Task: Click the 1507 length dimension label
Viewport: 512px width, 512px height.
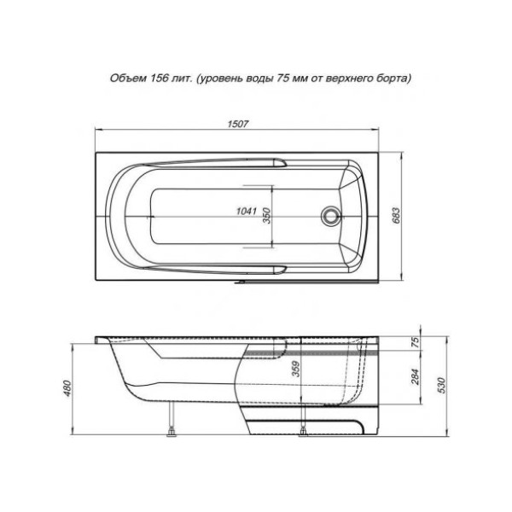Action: click(238, 124)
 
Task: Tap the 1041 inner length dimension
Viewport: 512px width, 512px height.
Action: click(247, 216)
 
